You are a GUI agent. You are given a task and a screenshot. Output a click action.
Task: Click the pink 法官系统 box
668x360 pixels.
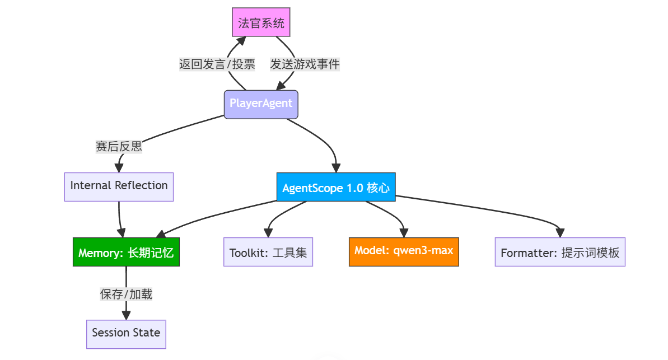coord(261,23)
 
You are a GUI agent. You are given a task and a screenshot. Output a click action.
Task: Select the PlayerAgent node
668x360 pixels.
coord(261,104)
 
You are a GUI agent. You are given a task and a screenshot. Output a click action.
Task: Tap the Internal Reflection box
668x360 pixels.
coord(119,185)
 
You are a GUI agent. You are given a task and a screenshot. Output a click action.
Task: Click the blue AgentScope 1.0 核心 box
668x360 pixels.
coord(336,188)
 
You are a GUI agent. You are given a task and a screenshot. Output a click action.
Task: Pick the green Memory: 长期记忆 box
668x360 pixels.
coord(126,253)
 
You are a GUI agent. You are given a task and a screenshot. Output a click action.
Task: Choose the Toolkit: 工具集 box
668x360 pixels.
coord(268,253)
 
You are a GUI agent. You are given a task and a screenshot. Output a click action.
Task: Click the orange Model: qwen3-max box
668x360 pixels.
coord(404,251)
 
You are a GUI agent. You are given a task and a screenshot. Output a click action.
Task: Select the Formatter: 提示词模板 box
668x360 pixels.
coord(560,253)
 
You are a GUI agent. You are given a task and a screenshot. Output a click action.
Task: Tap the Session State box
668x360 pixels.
coord(126,333)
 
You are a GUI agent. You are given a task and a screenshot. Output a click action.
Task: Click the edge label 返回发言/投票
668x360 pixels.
coord(217,64)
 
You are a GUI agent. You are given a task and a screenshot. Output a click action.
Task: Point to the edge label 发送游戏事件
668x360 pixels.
coord(305,64)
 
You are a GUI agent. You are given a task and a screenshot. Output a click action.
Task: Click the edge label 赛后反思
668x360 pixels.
coord(119,147)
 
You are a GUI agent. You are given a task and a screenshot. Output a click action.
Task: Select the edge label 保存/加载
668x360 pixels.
coord(126,294)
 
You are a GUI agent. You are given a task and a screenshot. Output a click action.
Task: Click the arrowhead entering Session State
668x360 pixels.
coord(126,315)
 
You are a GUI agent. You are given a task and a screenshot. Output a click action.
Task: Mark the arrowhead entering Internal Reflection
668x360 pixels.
coord(119,167)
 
